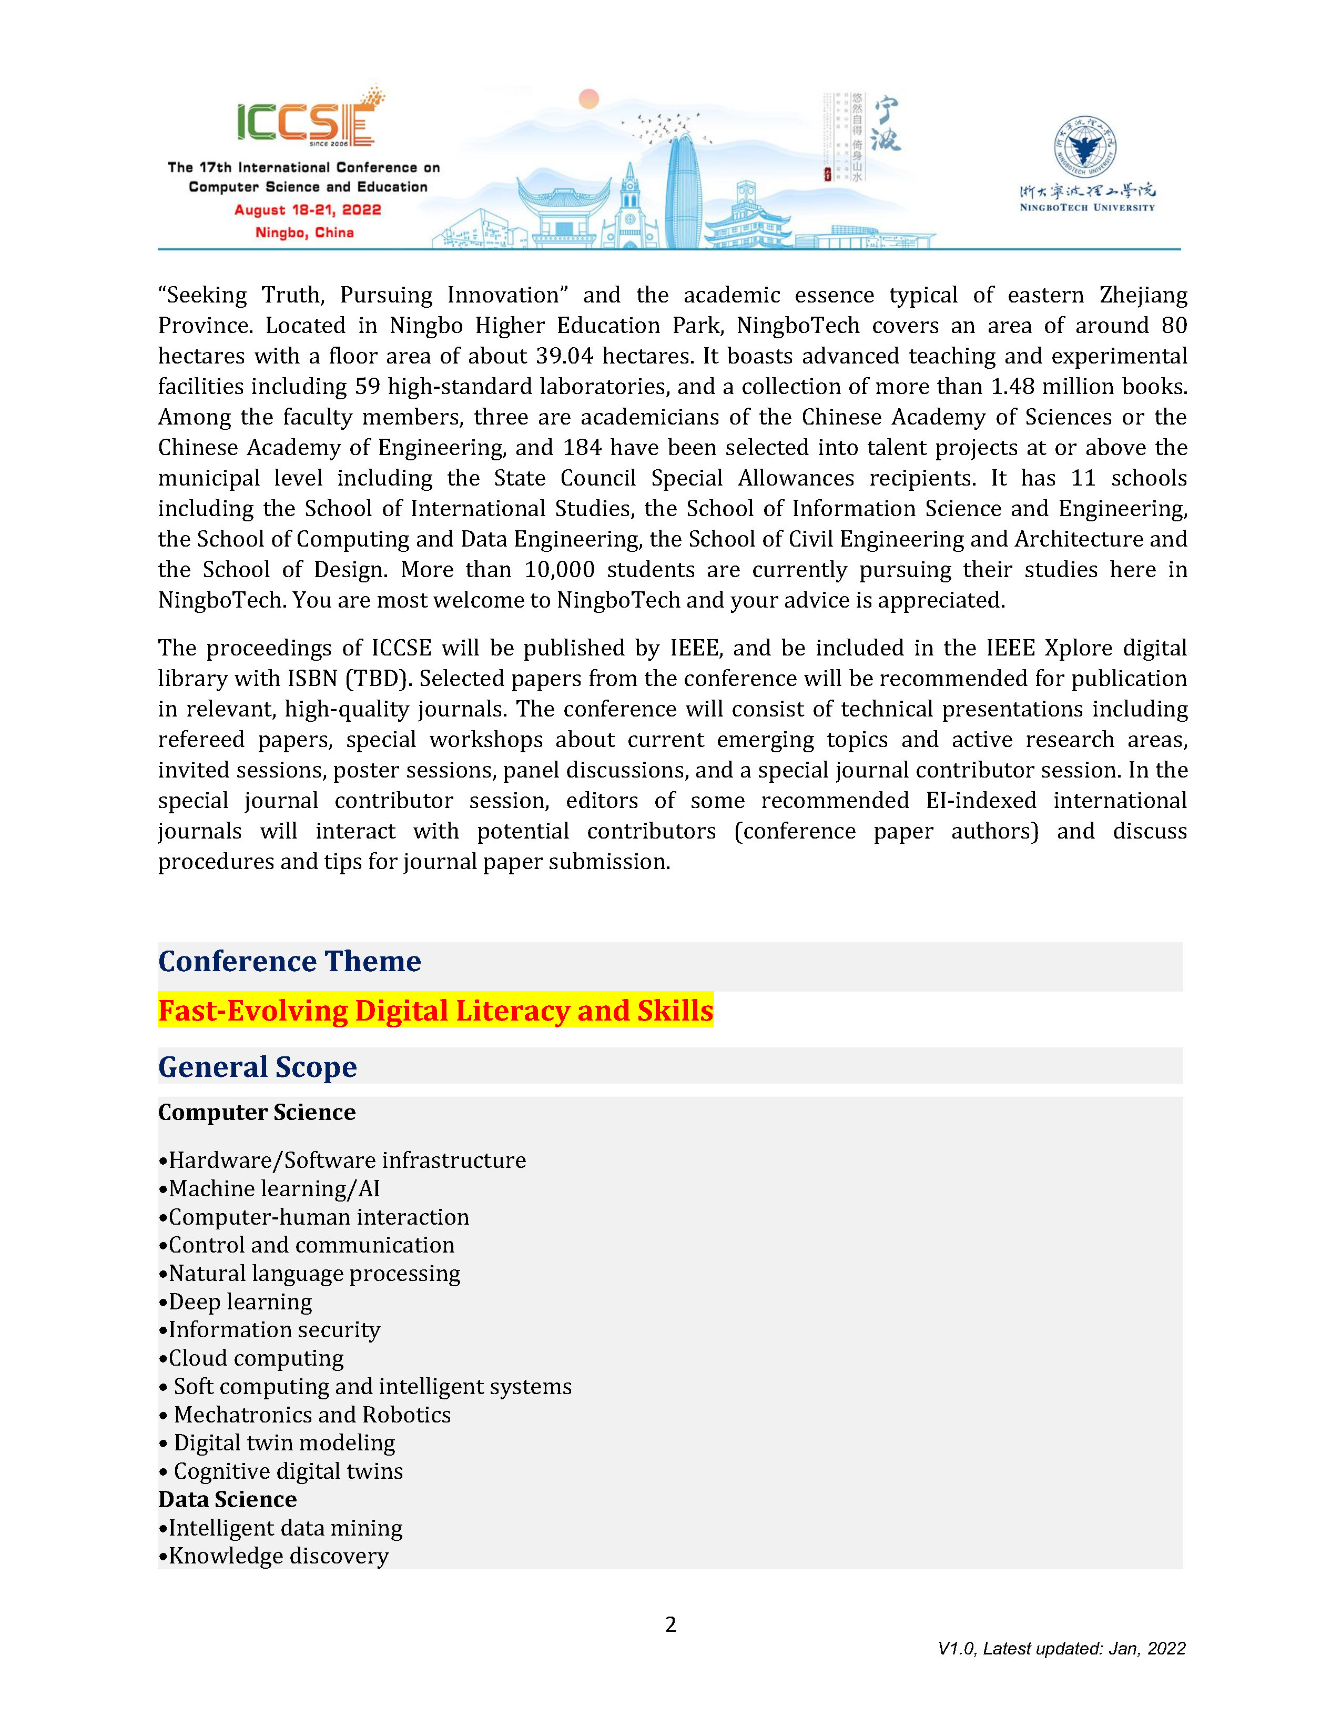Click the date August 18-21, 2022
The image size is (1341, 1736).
click(x=308, y=210)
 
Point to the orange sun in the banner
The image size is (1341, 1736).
click(x=588, y=98)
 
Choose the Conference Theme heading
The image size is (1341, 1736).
click(x=289, y=962)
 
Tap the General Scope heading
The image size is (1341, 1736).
click(x=257, y=1067)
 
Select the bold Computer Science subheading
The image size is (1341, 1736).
click(x=257, y=1113)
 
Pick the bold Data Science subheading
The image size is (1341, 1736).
click(x=227, y=1499)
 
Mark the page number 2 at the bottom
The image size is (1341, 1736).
click(x=670, y=1624)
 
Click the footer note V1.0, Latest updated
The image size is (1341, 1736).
click(x=1061, y=1649)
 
